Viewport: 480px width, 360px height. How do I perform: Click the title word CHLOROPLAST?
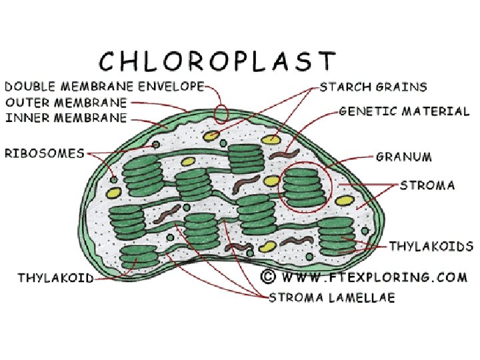click(x=217, y=61)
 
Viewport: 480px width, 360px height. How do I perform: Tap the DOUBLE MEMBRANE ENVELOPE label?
click(x=104, y=87)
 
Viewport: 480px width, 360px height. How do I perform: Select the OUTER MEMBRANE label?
click(x=66, y=103)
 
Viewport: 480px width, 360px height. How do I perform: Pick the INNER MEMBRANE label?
click(x=66, y=119)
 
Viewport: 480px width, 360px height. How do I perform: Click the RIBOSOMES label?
click(x=45, y=153)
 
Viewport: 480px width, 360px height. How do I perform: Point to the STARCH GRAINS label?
click(x=373, y=87)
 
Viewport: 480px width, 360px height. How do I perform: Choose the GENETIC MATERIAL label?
click(x=404, y=111)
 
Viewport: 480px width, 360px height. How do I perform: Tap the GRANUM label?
click(x=404, y=157)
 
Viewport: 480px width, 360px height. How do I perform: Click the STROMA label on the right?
click(x=427, y=185)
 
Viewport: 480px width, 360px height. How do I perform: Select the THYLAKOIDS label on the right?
click(x=431, y=247)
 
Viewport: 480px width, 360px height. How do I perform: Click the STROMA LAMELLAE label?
click(x=331, y=297)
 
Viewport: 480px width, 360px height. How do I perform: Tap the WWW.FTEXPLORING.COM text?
click(x=373, y=276)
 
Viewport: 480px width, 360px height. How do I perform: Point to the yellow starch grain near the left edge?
click(x=114, y=193)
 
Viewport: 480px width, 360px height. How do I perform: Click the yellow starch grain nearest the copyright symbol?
click(x=267, y=246)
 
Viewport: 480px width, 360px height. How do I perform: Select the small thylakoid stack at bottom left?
click(x=139, y=257)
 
